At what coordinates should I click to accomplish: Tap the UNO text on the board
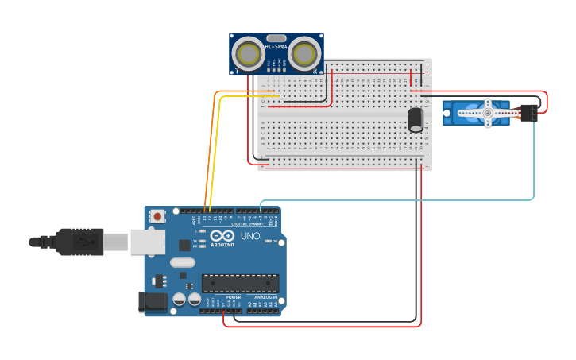coord(250,236)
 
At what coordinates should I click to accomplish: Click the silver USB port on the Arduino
coord(148,242)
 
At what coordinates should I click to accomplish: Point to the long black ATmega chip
coord(241,283)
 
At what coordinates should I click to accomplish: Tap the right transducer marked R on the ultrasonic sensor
coord(303,54)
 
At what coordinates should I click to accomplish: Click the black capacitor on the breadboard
coord(416,120)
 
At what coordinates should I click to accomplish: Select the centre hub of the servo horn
coord(488,113)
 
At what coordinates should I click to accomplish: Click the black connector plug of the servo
coord(529,113)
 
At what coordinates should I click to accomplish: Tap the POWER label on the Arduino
coord(233,297)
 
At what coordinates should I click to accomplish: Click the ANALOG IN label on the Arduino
coord(265,297)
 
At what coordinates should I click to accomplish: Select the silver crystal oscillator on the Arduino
coord(182,262)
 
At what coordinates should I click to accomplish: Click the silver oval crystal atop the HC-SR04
coord(276,38)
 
